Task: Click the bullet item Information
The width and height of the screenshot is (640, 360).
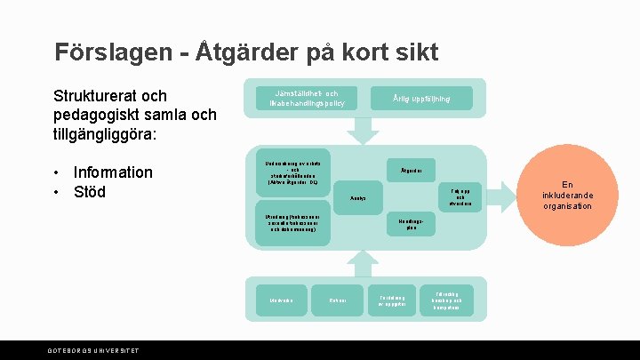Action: point(113,172)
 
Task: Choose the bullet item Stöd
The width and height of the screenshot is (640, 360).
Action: point(90,191)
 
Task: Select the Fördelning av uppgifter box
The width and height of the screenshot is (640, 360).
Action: point(392,300)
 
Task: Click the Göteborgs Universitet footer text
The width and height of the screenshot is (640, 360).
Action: point(93,351)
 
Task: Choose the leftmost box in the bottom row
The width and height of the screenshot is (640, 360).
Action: point(281,300)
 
